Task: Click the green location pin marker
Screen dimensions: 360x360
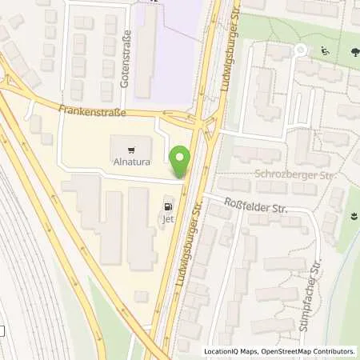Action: point(182,162)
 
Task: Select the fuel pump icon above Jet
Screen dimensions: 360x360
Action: point(167,202)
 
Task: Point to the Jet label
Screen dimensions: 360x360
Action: point(168,215)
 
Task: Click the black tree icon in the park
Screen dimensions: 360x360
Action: point(352,52)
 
